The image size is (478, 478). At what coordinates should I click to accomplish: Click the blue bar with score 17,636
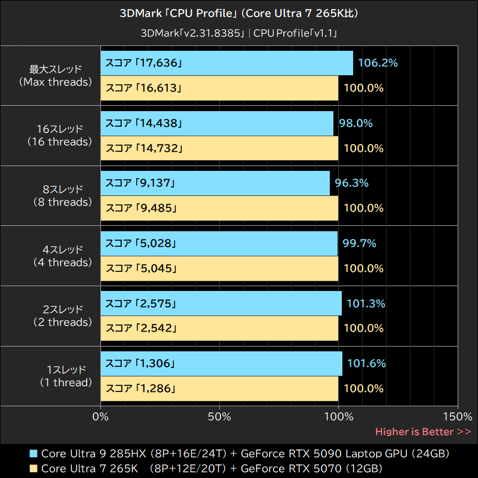(227, 63)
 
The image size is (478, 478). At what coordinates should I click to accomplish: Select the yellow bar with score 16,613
(219, 88)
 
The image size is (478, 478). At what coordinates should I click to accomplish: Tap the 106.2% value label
(378, 63)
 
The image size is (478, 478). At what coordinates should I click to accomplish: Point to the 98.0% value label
(356, 123)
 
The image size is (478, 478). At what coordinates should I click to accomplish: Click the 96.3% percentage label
(351, 183)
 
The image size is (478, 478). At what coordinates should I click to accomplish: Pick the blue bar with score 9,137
(215, 183)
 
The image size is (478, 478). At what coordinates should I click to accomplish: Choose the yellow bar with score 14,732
(219, 148)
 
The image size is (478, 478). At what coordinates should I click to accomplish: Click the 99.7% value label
(359, 243)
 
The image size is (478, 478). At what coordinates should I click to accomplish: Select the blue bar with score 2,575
(221, 304)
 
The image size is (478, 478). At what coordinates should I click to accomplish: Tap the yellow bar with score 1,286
(219, 388)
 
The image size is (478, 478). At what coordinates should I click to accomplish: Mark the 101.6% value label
(366, 363)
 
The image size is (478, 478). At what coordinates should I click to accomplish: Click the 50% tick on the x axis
(220, 416)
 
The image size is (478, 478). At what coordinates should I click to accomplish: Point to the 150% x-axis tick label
(458, 416)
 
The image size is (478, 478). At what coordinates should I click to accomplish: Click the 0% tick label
(101, 416)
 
